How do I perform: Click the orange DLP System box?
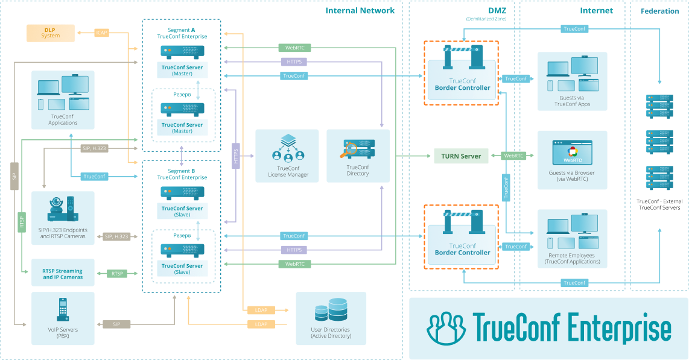point(51,33)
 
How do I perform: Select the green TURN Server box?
point(461,156)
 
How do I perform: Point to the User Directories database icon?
point(331,310)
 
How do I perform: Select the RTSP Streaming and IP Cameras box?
point(63,274)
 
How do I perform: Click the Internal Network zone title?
point(360,10)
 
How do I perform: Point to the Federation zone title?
point(659,11)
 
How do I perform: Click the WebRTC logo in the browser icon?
point(572,155)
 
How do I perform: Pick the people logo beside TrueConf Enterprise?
point(446,328)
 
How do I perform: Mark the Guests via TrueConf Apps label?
point(572,101)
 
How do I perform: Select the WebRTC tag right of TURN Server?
point(513,156)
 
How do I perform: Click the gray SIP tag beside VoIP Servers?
point(116,324)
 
